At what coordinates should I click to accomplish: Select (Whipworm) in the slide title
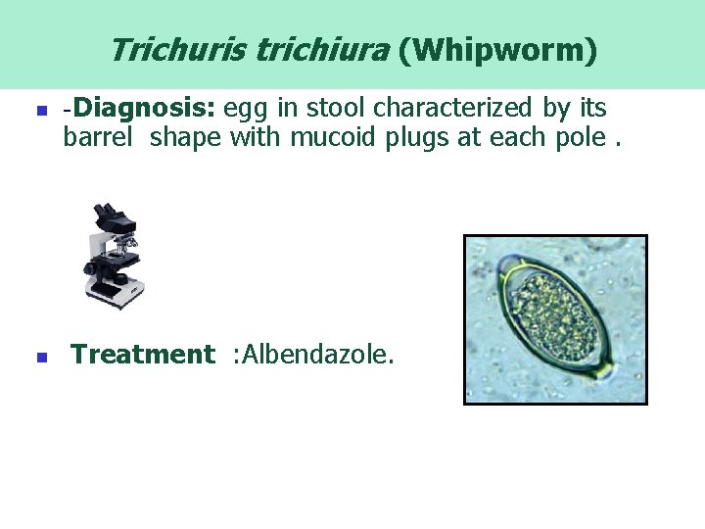[x=497, y=50]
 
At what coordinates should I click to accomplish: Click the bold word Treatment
[x=142, y=354]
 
